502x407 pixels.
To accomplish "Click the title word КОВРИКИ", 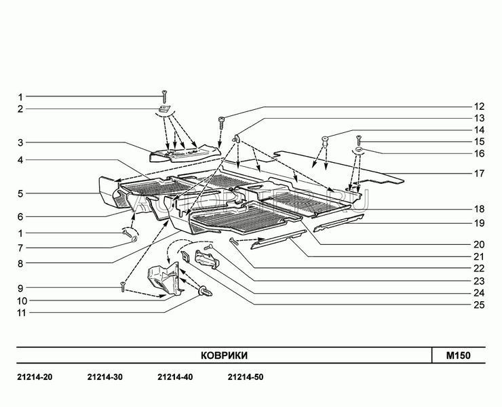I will point(223,355).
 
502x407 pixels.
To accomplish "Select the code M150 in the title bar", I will point(458,355).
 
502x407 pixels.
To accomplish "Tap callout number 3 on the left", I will point(20,142).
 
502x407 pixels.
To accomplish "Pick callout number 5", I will point(20,193).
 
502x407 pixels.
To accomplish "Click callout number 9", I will point(20,288).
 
